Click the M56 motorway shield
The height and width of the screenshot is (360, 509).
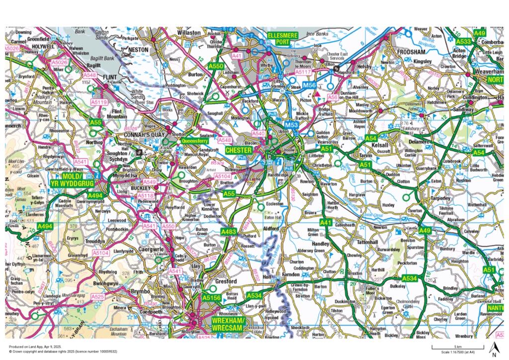310,86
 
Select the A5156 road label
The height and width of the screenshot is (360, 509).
211,297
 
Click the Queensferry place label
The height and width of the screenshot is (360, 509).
195,141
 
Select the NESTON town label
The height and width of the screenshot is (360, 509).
139,50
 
